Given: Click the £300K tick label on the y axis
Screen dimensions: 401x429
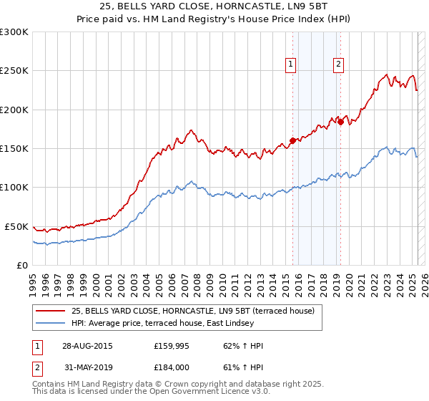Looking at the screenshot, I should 14,32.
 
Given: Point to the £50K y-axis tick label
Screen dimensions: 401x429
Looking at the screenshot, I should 16,226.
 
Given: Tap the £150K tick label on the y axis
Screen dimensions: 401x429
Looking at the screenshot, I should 14,149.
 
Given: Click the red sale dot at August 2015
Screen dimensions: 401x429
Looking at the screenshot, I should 293,140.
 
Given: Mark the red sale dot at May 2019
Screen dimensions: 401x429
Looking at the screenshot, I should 340,122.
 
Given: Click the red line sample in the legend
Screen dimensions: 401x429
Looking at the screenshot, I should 49,311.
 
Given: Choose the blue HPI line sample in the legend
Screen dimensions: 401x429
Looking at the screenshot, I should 49,323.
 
